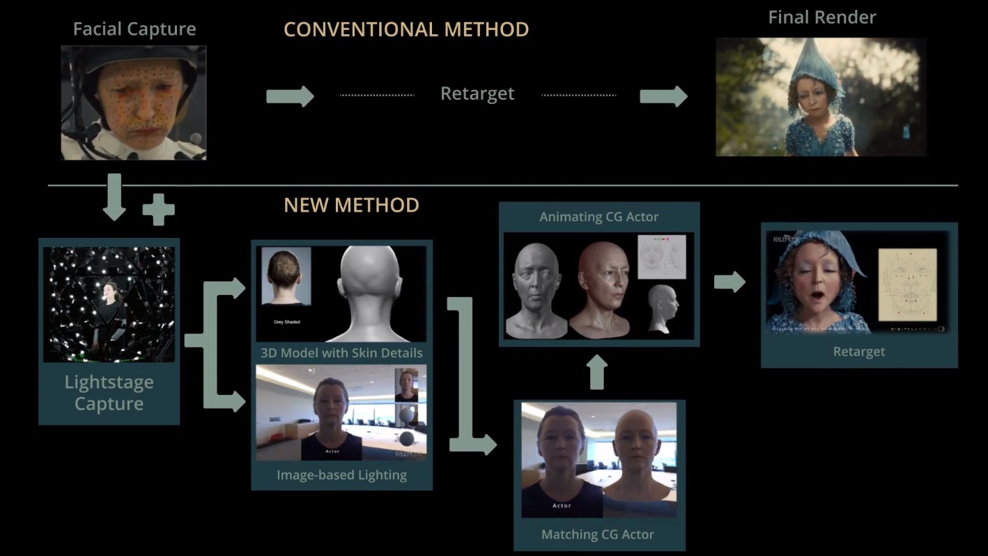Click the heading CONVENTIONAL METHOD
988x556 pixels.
point(406,30)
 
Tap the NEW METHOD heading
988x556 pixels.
point(351,205)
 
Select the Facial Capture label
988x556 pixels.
point(134,29)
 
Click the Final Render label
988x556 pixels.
point(822,17)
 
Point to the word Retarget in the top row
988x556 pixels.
point(477,93)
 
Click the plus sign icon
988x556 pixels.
point(158,209)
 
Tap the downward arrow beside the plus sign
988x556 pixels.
point(114,197)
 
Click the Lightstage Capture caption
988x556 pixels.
point(109,393)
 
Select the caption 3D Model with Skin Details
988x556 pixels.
point(341,352)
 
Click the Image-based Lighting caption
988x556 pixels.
point(341,475)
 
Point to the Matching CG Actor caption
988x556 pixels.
point(598,535)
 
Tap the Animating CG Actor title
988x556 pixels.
point(599,217)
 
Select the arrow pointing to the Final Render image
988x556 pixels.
point(663,96)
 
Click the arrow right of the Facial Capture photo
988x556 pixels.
point(290,96)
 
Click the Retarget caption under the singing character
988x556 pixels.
point(859,352)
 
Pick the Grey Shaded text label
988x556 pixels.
point(286,322)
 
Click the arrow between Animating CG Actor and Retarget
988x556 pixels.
point(730,282)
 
